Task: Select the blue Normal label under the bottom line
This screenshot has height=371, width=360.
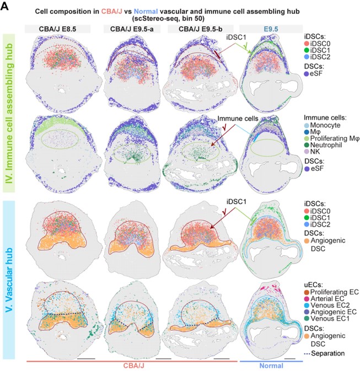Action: pos(267,365)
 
